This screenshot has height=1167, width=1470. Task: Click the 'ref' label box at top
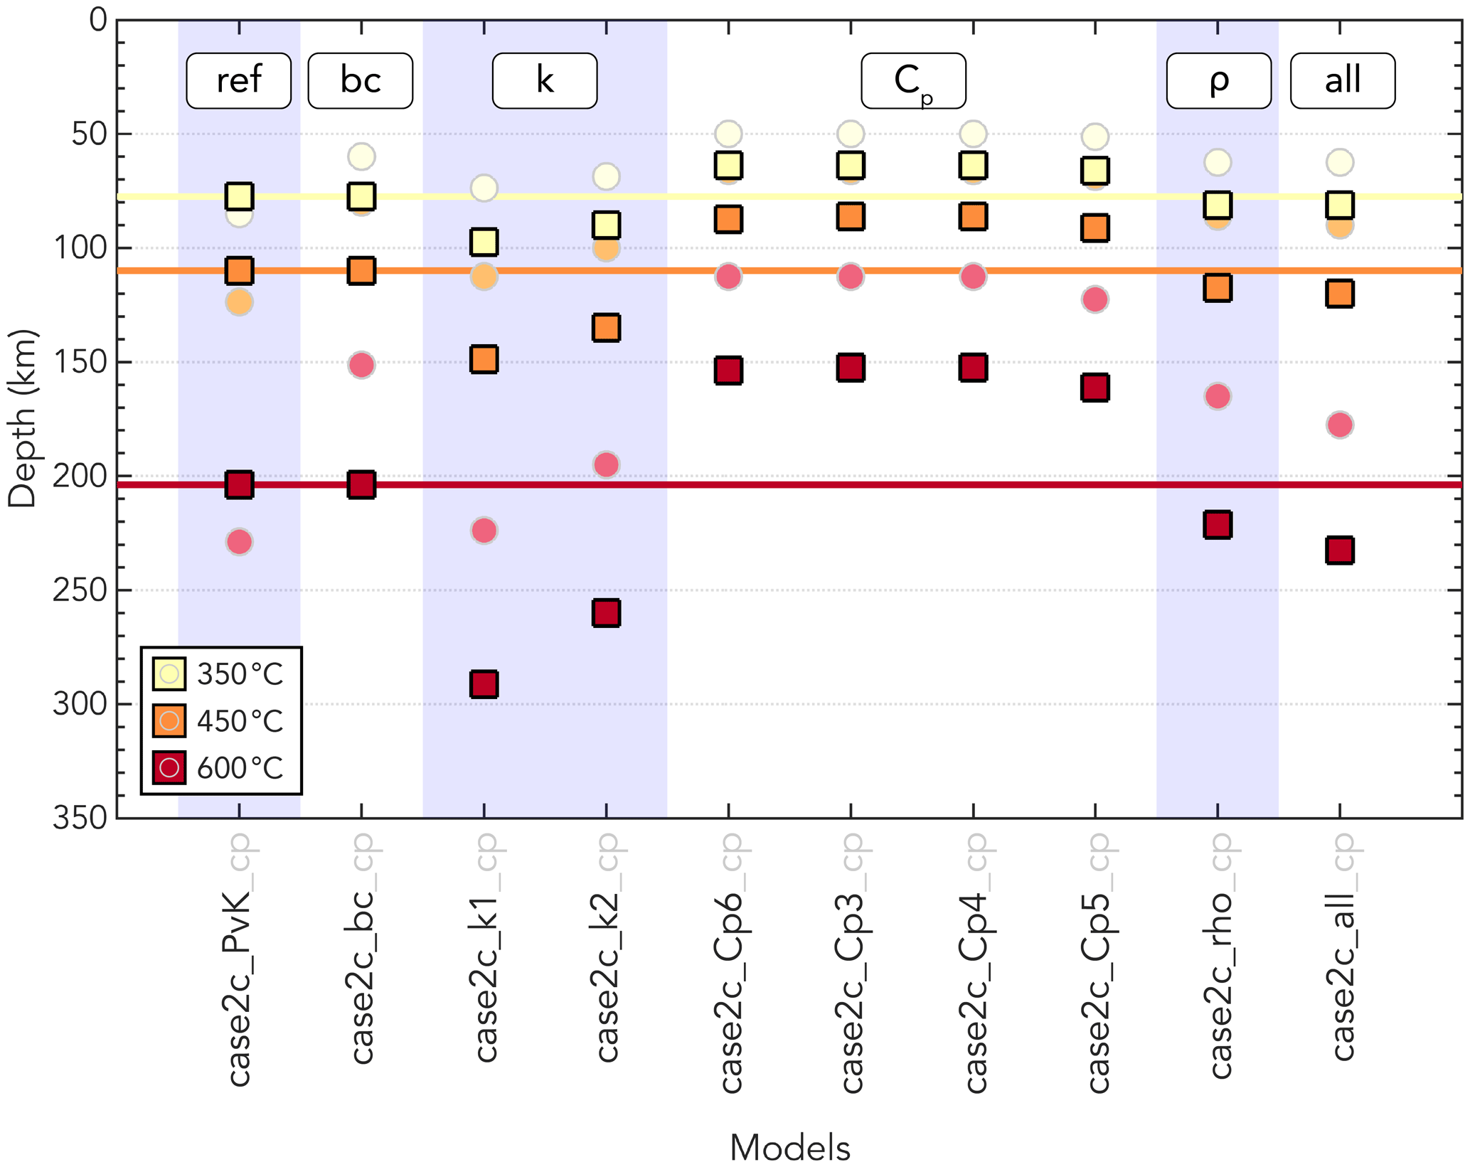238,80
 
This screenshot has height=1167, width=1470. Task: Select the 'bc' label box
361,80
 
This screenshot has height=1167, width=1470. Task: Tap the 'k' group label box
545,80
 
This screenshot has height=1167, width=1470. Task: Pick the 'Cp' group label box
913,80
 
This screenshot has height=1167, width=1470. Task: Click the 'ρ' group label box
1218,80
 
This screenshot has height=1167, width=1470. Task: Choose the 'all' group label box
1343,80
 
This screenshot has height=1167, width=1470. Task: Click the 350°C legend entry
219,673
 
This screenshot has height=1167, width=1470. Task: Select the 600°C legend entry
219,768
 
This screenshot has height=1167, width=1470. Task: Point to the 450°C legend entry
219,721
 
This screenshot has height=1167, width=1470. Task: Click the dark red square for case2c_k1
484,684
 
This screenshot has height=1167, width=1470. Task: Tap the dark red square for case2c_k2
606,612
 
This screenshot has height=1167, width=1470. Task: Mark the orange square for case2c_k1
484,359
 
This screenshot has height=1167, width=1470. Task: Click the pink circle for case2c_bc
361,366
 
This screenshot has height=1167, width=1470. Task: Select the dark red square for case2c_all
1340,550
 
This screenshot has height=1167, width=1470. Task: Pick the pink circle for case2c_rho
1218,396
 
